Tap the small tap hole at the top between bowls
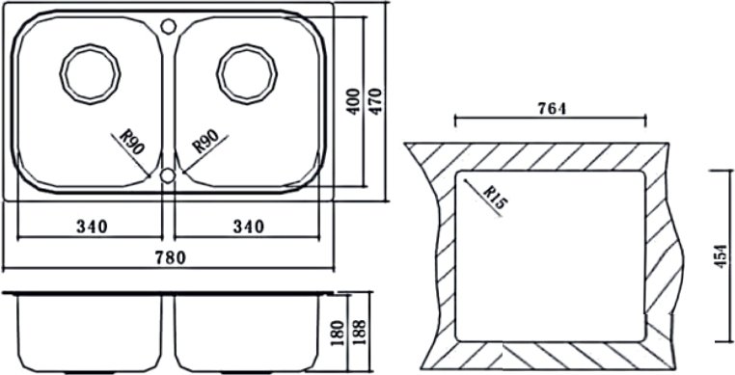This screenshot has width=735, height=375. [x=168, y=26]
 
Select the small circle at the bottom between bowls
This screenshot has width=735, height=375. [x=168, y=175]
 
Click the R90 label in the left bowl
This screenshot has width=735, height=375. [x=132, y=142]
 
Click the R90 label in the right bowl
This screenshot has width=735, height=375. [x=205, y=142]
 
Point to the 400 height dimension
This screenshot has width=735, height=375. [x=354, y=101]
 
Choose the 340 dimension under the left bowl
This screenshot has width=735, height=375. [x=92, y=227]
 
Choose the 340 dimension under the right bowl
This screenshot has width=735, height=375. [x=249, y=227]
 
